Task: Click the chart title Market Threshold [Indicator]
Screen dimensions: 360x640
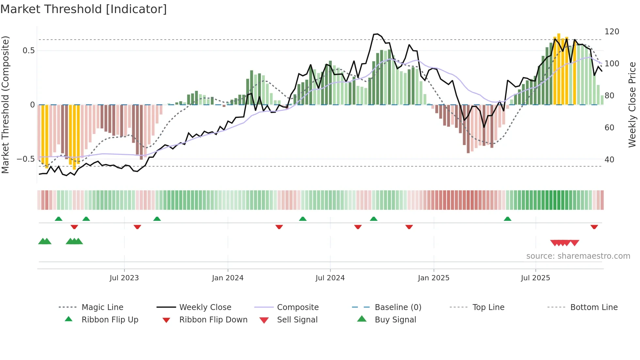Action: [x=84, y=9]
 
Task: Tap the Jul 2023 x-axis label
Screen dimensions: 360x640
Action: [x=124, y=278]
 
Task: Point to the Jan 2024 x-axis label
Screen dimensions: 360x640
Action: [x=228, y=278]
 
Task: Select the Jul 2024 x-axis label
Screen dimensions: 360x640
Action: [x=330, y=278]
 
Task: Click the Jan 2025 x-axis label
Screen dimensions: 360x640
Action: [x=433, y=278]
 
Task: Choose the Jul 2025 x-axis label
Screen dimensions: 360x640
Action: [x=535, y=278]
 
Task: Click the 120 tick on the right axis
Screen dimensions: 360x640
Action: [x=612, y=32]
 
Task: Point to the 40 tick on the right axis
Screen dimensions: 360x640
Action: [x=609, y=160]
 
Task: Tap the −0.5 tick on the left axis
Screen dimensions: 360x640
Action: [x=25, y=159]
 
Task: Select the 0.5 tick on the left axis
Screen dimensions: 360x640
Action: [x=28, y=51]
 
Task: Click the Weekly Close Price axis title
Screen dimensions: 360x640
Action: [x=632, y=105]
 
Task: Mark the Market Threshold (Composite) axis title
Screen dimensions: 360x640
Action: [x=5, y=105]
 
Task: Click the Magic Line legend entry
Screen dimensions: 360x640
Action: [x=102, y=307]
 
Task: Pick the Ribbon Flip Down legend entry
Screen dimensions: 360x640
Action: [x=213, y=320]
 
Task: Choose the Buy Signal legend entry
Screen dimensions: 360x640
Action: [x=395, y=320]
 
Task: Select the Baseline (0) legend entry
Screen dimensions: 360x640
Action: [x=398, y=307]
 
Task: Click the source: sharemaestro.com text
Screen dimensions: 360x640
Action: [x=578, y=256]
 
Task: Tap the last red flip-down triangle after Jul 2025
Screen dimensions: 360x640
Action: [x=594, y=227]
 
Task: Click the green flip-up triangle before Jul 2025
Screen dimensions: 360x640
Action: [x=507, y=219]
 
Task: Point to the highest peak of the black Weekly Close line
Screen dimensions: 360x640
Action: [x=377, y=34]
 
